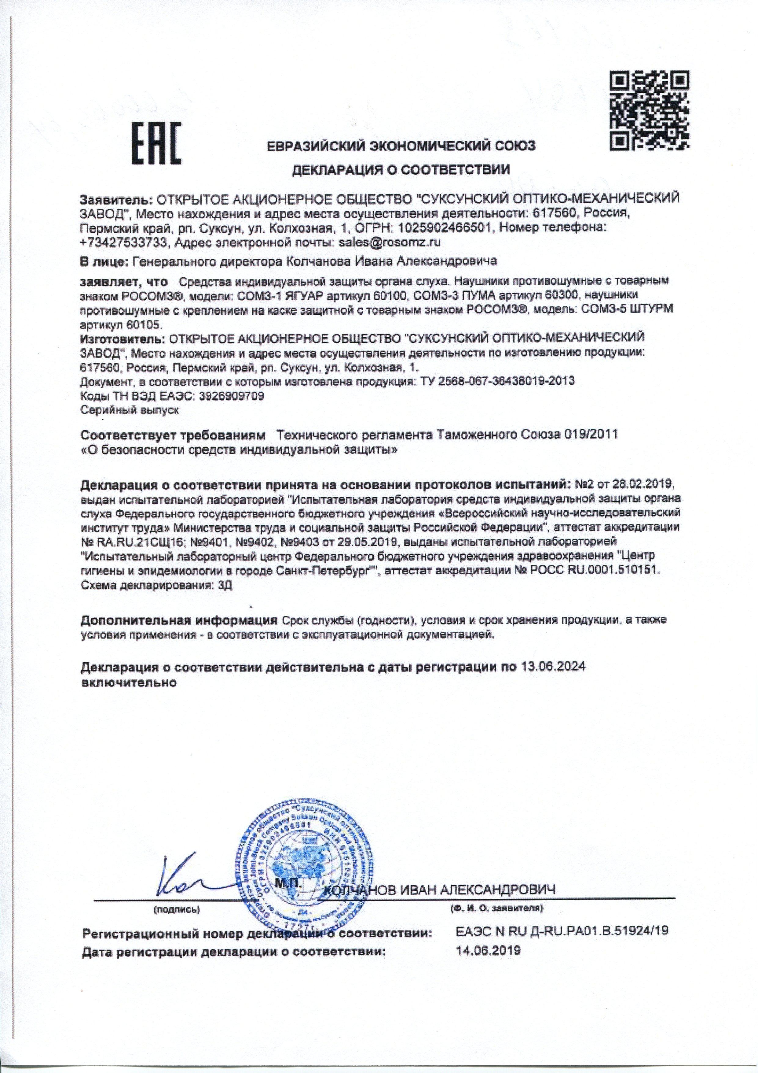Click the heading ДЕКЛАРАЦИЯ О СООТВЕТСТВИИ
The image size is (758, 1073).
coord(401,169)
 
